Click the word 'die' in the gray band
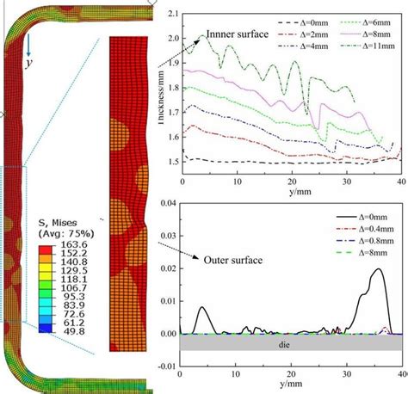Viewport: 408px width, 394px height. click(x=289, y=342)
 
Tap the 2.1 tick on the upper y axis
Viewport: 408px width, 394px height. click(x=175, y=15)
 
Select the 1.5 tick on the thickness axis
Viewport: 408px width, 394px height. click(x=175, y=161)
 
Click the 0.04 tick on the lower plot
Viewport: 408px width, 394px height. click(x=169, y=202)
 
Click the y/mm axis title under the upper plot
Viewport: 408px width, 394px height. click(x=290, y=193)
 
